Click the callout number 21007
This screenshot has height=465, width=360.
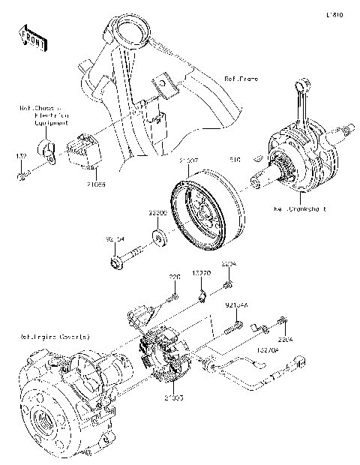(188, 160)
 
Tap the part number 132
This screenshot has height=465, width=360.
(21, 155)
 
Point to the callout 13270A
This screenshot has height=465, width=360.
(268, 349)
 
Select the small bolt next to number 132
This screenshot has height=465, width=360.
(23, 175)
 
